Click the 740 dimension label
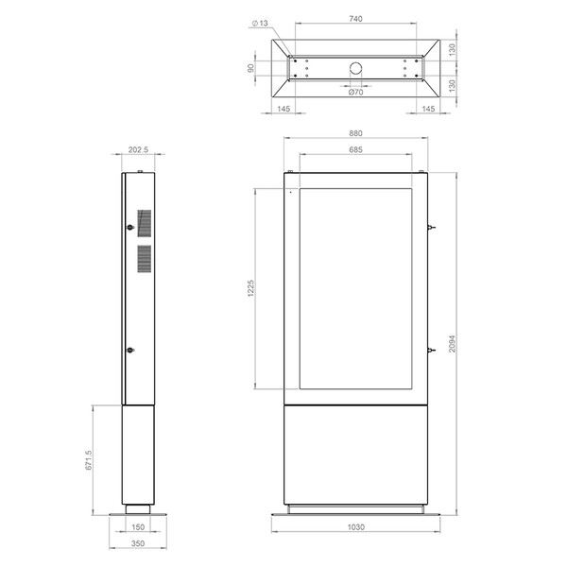pyautogui.click(x=355, y=19)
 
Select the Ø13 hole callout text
pyautogui.click(x=260, y=23)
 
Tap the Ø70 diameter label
pyautogui.click(x=356, y=93)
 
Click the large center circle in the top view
pyautogui.click(x=356, y=68)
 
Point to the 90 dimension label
pyautogui.click(x=250, y=68)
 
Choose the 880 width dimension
pyautogui.click(x=355, y=133)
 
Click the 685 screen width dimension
pyautogui.click(x=355, y=149)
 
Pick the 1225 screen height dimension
pyautogui.click(x=250, y=288)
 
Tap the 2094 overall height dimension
pyautogui.click(x=453, y=344)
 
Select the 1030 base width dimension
pyautogui.click(x=356, y=527)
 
